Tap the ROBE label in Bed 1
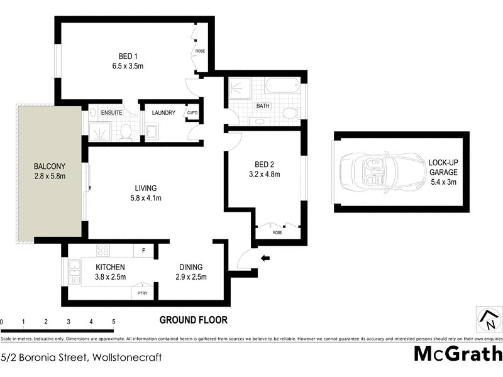[x=200, y=51]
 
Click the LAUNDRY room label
[x=163, y=113]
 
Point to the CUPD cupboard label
[x=192, y=113]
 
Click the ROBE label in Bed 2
[x=277, y=232]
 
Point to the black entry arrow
[x=265, y=257]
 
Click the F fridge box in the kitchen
[x=143, y=251]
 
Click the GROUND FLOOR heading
[x=193, y=320]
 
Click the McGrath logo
[x=457, y=354]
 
